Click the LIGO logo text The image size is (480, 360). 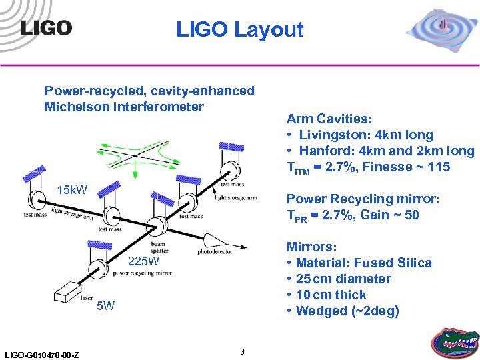coord(45,27)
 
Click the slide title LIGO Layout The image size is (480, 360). coord(239,29)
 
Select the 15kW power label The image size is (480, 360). coord(72,191)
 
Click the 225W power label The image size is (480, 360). coord(143,261)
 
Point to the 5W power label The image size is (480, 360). coord(105,307)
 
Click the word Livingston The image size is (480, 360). coord(333,135)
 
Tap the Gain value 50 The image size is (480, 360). coord(411,215)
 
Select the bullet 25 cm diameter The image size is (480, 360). coord(343,279)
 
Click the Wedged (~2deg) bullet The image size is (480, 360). coord(347,311)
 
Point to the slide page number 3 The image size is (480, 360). coord(243,351)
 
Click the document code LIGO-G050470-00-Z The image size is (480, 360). coord(41,354)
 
